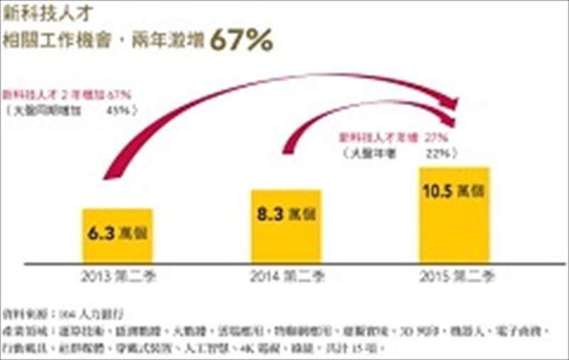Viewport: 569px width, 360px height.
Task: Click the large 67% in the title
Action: point(241,41)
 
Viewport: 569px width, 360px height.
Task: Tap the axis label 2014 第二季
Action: point(287,277)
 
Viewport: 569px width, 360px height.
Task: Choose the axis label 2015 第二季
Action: point(455,277)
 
